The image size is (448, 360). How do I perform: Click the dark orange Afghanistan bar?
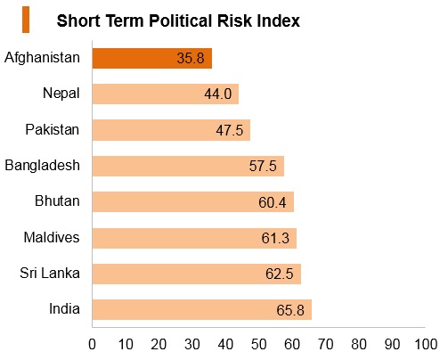pos(152,58)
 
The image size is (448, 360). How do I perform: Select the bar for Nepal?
pos(166,94)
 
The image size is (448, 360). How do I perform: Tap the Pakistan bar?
pos(171,130)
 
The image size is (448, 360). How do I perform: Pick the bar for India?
pos(202,309)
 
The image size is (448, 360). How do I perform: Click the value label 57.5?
pos(263,166)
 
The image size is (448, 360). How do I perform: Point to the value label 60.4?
pos(273,202)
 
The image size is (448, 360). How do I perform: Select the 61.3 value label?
pos(275,238)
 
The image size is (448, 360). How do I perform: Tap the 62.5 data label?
pos(280,274)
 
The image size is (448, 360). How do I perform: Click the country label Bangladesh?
pos(43,165)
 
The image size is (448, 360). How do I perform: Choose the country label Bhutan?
pos(57,200)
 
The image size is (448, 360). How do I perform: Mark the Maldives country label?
pos(52,237)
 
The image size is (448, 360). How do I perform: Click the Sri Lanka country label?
pos(50,273)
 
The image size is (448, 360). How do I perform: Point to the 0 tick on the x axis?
pos(92,344)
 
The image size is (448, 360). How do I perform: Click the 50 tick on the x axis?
pos(258,344)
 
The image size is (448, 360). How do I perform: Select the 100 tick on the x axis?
pos(426,344)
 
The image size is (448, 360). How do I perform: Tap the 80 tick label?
pos(359,344)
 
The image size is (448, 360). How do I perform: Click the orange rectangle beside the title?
pos(26,20)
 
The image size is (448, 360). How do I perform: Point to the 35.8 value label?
pos(191,58)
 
